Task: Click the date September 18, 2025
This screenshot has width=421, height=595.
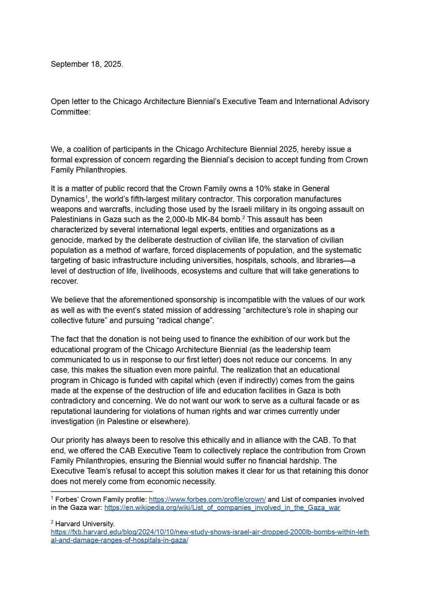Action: [x=87, y=64]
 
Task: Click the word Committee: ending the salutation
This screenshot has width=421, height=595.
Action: [x=70, y=112]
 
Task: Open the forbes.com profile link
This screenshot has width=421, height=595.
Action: [x=207, y=500]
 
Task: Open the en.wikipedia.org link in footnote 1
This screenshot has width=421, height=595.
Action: [x=222, y=508]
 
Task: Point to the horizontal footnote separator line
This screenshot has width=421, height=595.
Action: [x=101, y=491]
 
